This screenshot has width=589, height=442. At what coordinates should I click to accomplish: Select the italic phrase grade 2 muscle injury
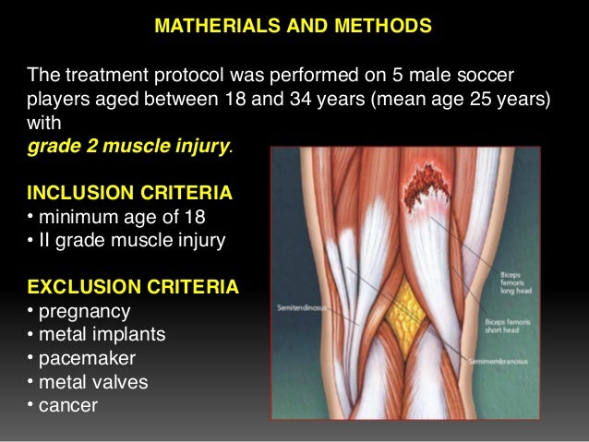[x=129, y=146]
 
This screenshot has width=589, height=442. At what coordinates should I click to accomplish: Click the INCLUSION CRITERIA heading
[x=129, y=195]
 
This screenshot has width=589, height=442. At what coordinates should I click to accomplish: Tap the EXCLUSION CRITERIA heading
[x=133, y=288]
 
